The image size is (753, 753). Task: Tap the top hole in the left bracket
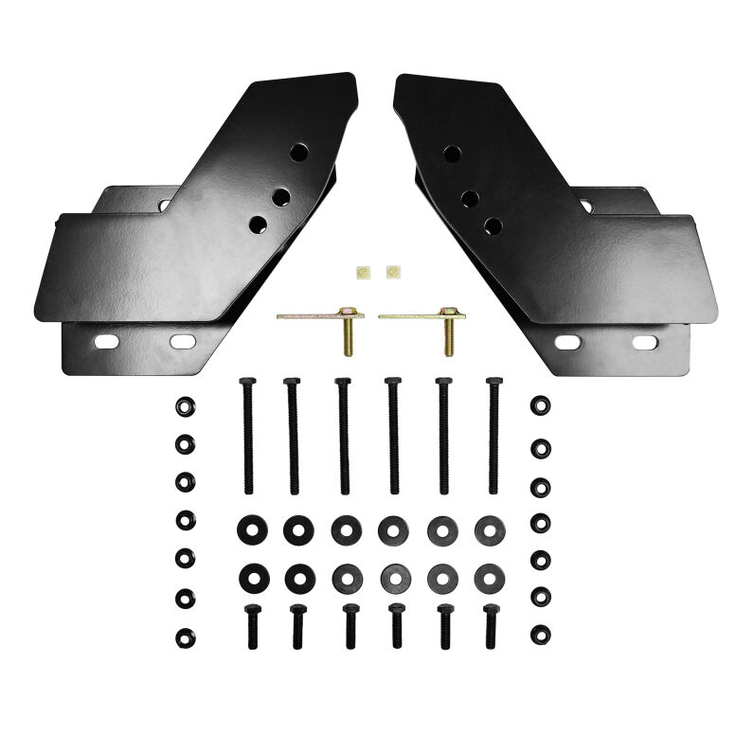(299, 152)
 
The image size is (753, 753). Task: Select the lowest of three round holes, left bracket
(258, 224)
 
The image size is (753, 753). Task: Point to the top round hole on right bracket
(451, 153)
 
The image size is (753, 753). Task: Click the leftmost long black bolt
(248, 435)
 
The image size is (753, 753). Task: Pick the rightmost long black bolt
(492, 435)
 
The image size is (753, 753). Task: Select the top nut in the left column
(183, 404)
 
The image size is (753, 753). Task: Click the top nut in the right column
(540, 405)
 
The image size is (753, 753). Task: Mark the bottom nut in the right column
(540, 632)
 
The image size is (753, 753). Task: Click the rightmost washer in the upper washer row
(490, 529)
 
